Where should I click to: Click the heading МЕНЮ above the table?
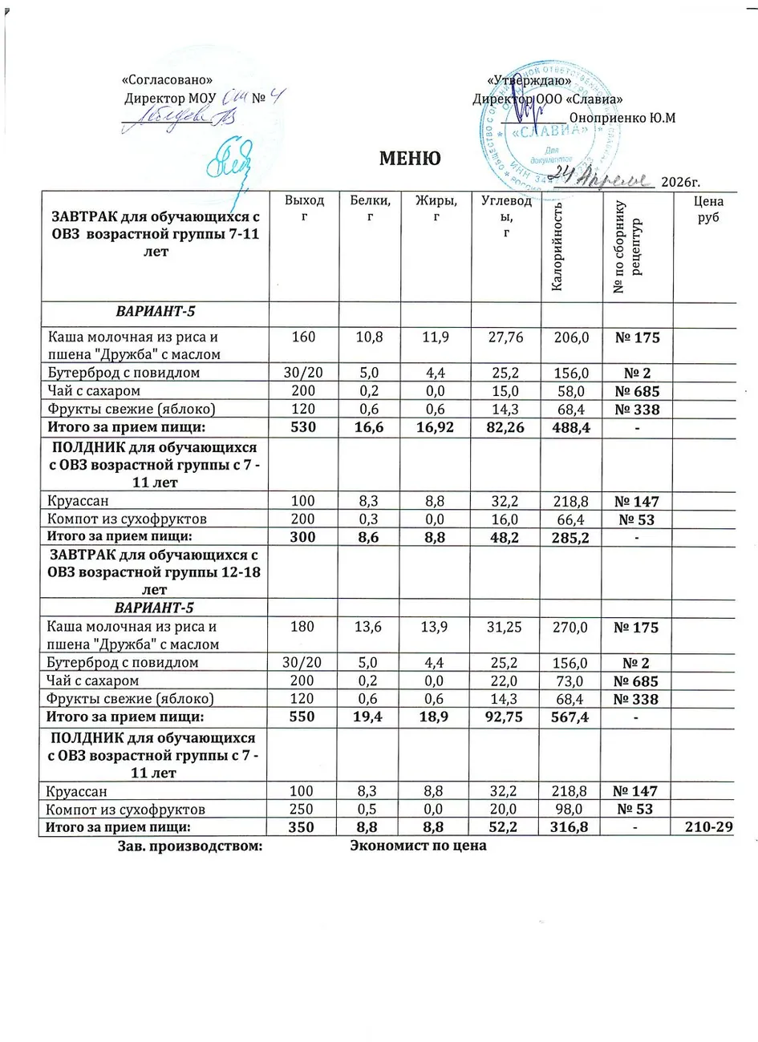coord(410,158)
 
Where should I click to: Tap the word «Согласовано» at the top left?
coord(167,80)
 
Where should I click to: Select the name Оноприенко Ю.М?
coord(622,118)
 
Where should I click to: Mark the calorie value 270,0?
coord(573,627)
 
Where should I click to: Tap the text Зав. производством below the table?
coord(191,846)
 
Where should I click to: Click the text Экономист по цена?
coord(418,846)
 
